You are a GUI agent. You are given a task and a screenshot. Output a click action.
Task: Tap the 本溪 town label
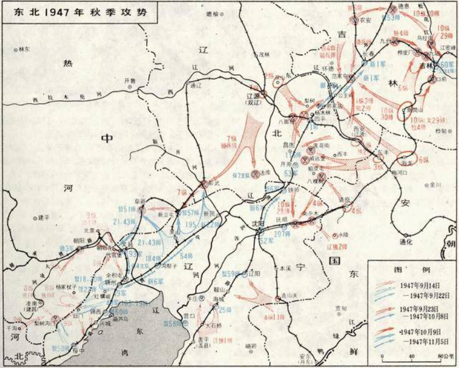[x=285, y=269]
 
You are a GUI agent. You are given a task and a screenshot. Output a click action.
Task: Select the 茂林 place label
[x=264, y=54]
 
